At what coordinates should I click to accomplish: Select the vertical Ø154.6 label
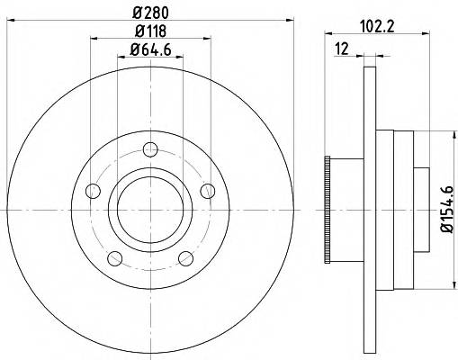(444, 209)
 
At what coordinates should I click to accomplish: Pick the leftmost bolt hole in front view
(92, 190)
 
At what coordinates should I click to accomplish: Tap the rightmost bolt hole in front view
(207, 190)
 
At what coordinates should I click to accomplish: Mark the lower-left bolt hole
(113, 258)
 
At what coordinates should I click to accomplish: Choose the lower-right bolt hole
(185, 258)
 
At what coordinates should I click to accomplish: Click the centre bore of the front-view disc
(149, 209)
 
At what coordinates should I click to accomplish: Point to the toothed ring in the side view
(328, 209)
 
